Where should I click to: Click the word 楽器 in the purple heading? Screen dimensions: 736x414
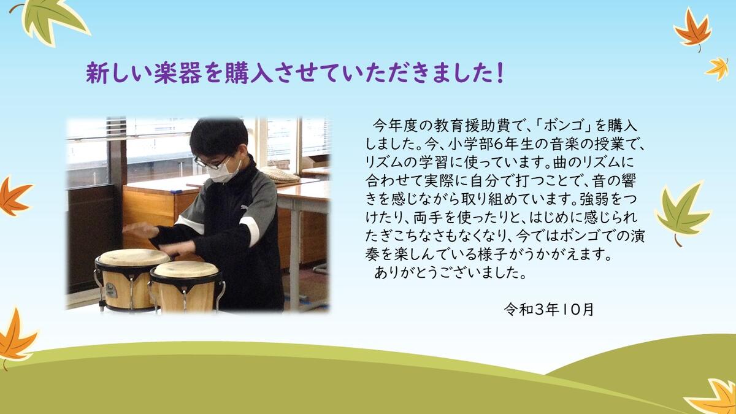(x=178, y=73)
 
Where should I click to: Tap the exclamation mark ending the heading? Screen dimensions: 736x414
(x=500, y=73)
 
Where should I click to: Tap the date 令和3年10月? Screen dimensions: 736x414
(x=549, y=309)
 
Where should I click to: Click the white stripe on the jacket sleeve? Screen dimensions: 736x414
(x=250, y=231)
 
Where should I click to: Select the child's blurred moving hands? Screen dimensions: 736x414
(x=158, y=237)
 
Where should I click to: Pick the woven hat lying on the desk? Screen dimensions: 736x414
(x=279, y=174)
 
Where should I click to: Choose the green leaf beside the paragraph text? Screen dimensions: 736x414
(x=681, y=213)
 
